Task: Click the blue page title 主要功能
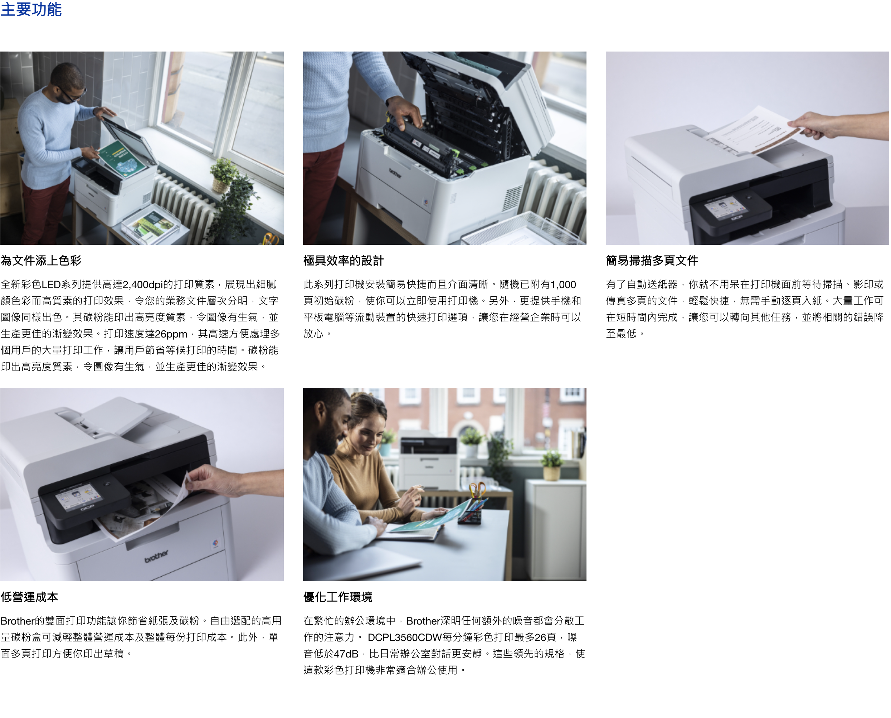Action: [x=31, y=9]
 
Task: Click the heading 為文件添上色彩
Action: [x=41, y=261]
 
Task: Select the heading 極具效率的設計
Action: [x=344, y=261]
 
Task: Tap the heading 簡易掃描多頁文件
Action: [x=652, y=261]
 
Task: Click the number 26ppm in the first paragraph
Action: [x=171, y=334]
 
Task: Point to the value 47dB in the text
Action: [x=346, y=654]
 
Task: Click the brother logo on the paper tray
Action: [x=156, y=557]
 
